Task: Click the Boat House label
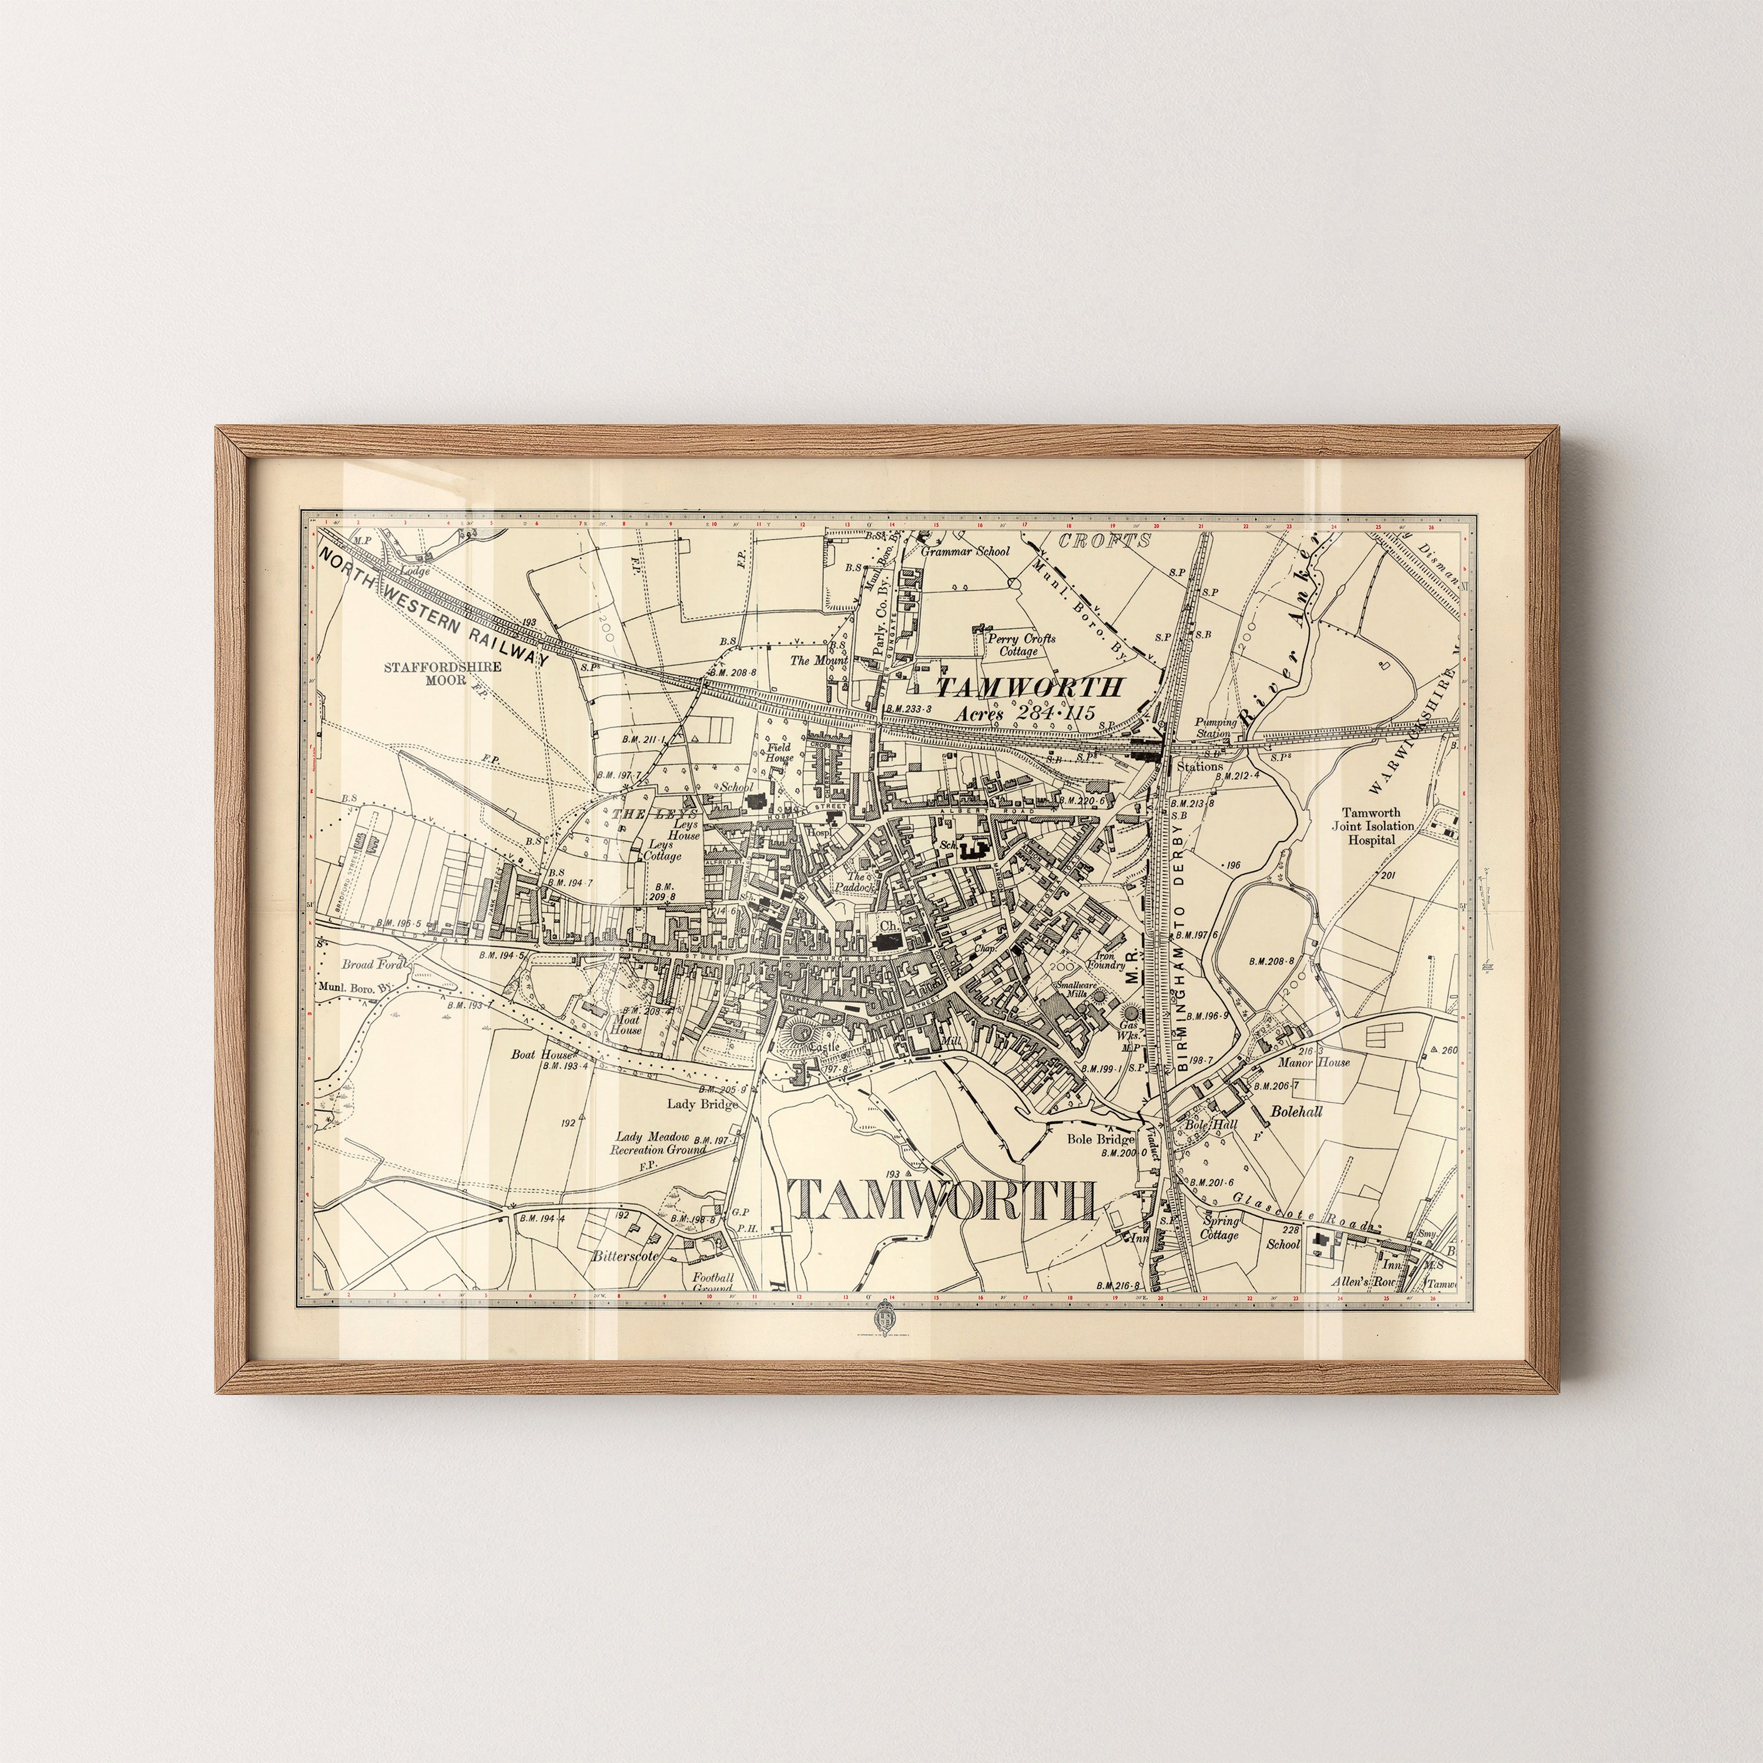(541, 1054)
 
